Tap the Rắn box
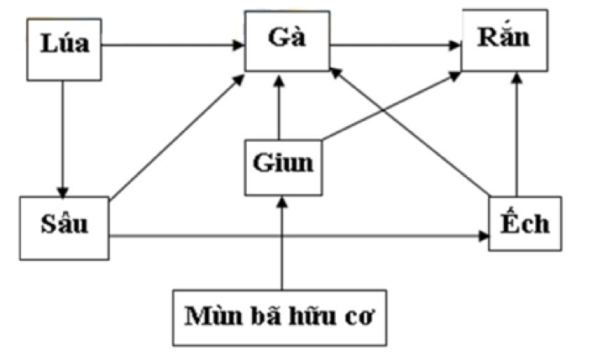pyautogui.click(x=509, y=40)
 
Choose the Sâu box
pyautogui.click(x=62, y=227)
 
